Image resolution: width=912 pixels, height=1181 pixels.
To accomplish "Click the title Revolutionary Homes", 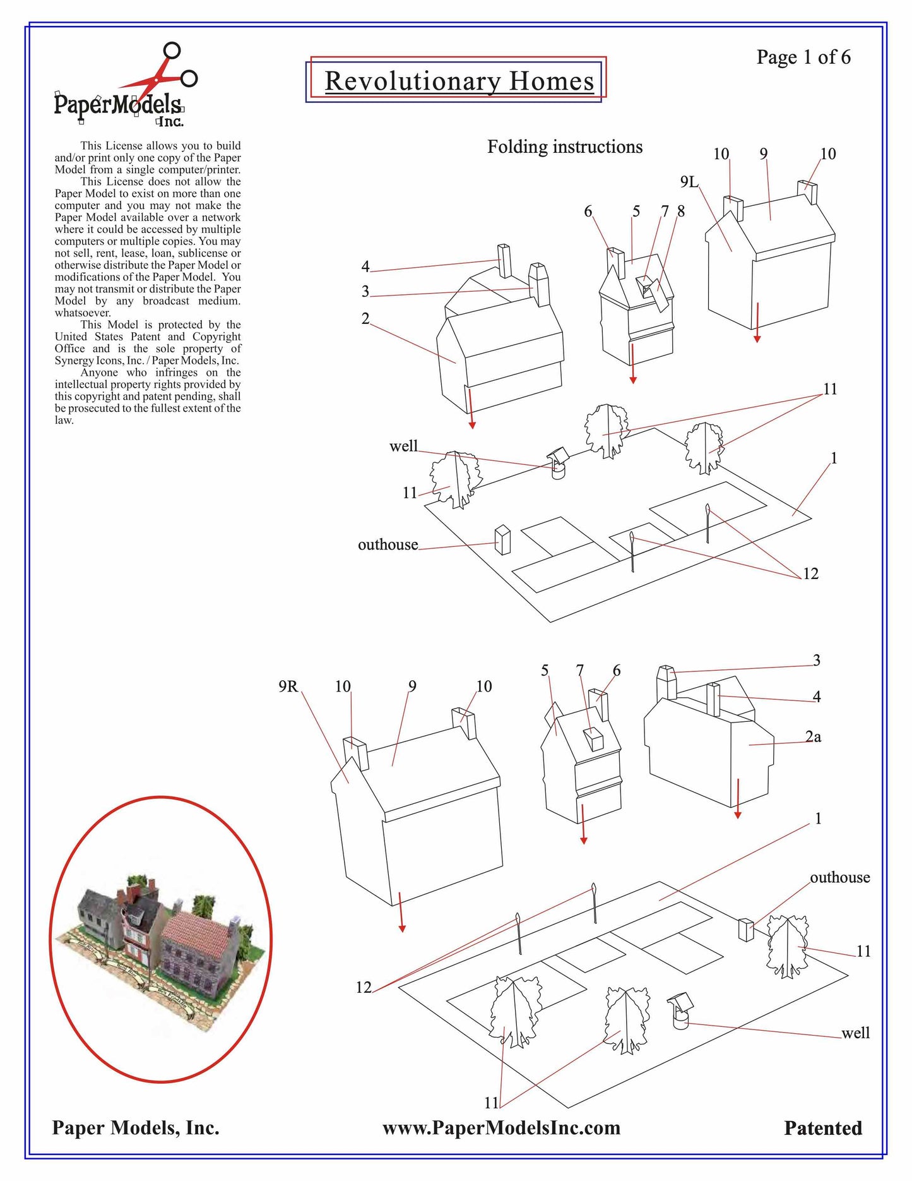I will click(459, 81).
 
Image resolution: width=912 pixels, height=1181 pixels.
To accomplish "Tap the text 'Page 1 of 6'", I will click(803, 57).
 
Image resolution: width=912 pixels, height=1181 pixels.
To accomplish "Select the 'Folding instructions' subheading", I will click(564, 147).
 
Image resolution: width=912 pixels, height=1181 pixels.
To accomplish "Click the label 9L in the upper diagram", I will click(689, 183).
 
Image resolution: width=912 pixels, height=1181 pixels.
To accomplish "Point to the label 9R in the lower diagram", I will click(288, 686).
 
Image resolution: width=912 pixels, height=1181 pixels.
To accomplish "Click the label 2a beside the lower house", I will click(813, 737).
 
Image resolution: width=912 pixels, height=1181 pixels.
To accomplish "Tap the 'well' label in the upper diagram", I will click(403, 447).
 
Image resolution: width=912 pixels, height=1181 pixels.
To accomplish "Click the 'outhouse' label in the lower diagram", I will click(839, 878).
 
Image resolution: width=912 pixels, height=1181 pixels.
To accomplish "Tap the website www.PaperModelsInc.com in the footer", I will click(501, 1128).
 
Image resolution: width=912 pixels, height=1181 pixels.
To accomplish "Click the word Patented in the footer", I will click(822, 1129).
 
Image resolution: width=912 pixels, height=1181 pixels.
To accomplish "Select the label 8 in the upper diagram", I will click(681, 212).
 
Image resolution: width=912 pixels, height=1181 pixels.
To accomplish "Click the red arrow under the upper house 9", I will click(757, 323).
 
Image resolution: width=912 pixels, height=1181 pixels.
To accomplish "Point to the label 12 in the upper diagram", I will click(810, 574).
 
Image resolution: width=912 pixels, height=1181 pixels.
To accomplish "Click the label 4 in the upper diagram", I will click(365, 267).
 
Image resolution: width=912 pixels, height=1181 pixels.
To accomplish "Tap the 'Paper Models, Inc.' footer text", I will click(136, 1128).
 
